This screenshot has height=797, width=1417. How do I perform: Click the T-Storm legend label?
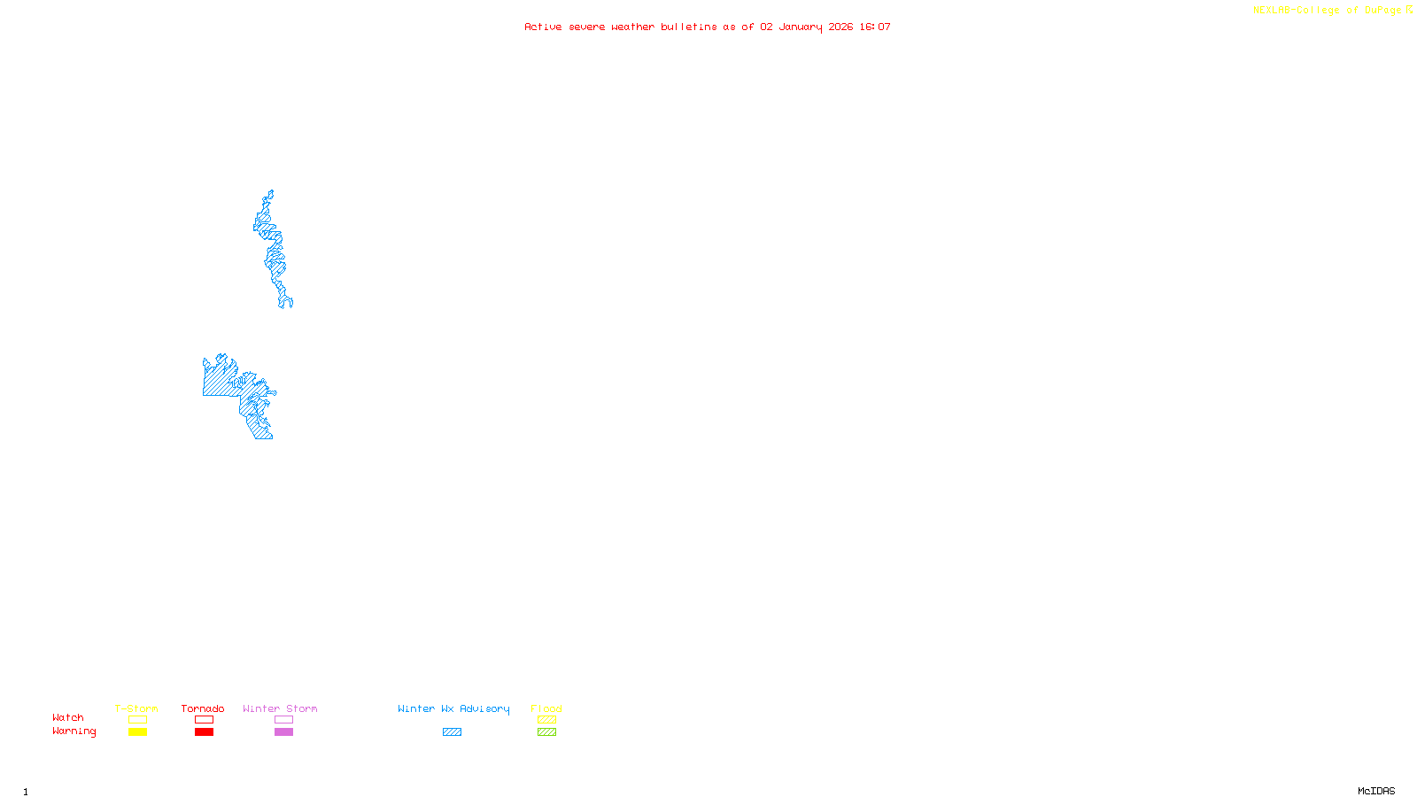pos(136,708)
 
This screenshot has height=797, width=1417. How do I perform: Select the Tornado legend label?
pos(203,708)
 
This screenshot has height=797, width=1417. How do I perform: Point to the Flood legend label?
pos(546,708)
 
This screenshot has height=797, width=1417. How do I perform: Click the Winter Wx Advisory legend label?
pos(453,708)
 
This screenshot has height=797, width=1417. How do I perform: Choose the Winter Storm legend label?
pos(280,708)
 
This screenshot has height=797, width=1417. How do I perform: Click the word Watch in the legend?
pos(68,717)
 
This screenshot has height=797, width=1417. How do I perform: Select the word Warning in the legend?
pos(74,731)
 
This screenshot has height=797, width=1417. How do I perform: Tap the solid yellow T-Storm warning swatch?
pos(137,732)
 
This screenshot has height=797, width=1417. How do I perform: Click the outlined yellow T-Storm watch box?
pos(137,720)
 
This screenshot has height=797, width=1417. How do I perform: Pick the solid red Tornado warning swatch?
pos(204,732)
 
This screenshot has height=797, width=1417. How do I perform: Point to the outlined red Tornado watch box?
pos(204,720)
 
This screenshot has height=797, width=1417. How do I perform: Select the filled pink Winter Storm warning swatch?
pos(283,732)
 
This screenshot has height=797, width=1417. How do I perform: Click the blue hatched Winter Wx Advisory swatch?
pos(452,732)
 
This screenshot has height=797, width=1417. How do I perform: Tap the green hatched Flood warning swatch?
pos(546,732)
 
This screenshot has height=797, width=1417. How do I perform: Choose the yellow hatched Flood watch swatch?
pos(546,720)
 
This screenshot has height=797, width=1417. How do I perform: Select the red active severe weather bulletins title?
pos(708,27)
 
